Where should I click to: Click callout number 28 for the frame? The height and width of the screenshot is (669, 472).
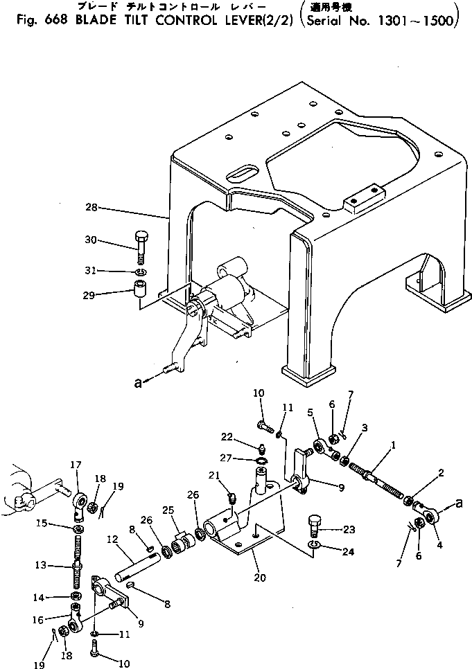click(91, 208)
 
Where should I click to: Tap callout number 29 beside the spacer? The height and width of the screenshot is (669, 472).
click(89, 295)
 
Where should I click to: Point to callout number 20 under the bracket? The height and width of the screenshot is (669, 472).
click(260, 578)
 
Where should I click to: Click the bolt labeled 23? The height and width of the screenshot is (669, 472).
click(315, 528)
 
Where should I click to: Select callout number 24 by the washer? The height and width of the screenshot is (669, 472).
click(349, 552)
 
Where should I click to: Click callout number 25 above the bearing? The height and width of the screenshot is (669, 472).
click(168, 510)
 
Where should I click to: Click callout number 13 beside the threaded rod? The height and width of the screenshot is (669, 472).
click(41, 565)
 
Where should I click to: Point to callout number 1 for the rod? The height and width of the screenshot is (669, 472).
click(394, 446)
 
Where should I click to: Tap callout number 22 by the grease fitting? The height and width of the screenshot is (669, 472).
click(227, 436)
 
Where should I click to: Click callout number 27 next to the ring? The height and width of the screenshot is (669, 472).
click(226, 458)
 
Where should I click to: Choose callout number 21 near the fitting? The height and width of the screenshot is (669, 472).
click(214, 475)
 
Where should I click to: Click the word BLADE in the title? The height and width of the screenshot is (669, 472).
click(95, 21)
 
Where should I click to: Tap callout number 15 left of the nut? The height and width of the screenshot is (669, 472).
click(42, 523)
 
